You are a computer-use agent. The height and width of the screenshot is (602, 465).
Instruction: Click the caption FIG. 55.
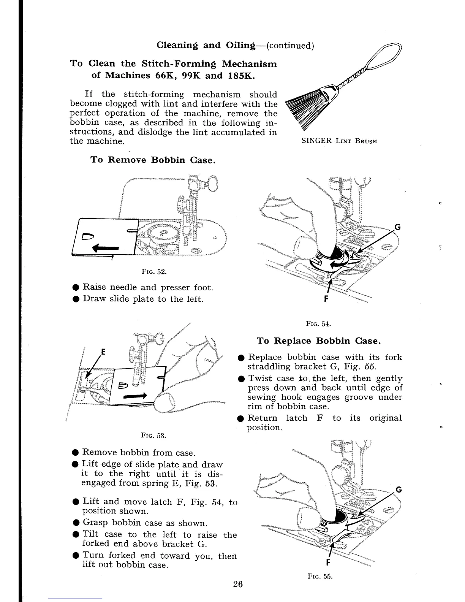click(x=320, y=576)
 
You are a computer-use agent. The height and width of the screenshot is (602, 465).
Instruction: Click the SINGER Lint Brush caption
click(x=339, y=141)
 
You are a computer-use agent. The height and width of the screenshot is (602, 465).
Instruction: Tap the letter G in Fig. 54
click(x=397, y=227)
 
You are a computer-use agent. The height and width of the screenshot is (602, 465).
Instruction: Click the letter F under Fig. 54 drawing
click(x=326, y=299)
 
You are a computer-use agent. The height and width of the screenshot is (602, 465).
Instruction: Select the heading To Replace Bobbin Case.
click(x=318, y=341)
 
